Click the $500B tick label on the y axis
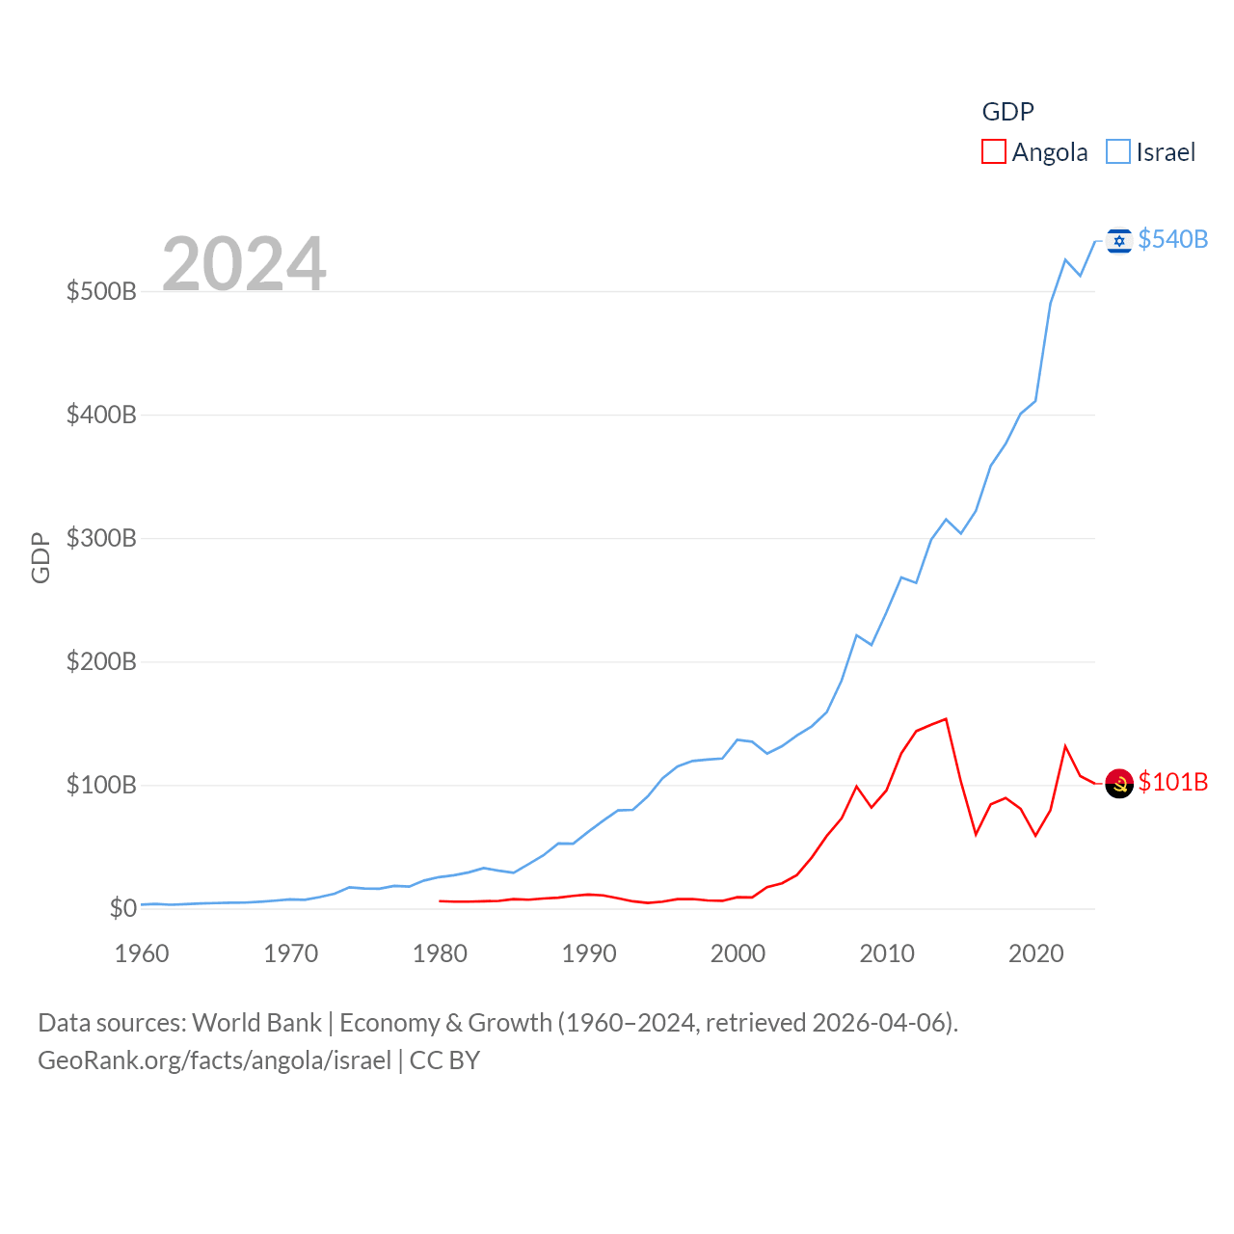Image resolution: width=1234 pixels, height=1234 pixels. pyautogui.click(x=101, y=291)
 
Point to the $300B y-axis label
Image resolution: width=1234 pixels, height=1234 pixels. pyautogui.click(x=101, y=538)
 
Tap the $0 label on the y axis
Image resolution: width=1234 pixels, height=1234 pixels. pyautogui.click(x=122, y=908)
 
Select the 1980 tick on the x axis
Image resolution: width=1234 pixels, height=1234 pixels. pyautogui.click(x=440, y=953)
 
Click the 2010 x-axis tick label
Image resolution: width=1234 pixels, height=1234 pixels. pyautogui.click(x=887, y=953)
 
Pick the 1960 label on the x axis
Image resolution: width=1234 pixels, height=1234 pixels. pyautogui.click(x=142, y=953)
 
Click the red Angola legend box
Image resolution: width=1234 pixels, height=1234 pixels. pyautogui.click(x=994, y=151)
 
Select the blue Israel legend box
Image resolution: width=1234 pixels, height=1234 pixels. pyautogui.click(x=1118, y=151)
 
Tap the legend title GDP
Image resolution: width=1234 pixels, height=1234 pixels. pyautogui.click(x=1007, y=112)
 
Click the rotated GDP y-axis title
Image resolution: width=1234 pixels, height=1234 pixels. pyautogui.click(x=40, y=557)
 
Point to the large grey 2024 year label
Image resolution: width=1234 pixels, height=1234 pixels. pyautogui.click(x=244, y=263)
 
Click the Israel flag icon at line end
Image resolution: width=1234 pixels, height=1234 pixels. pyautogui.click(x=1119, y=240)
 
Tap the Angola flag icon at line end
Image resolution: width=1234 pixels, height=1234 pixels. pyautogui.click(x=1119, y=784)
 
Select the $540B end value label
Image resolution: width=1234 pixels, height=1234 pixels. pyautogui.click(x=1172, y=239)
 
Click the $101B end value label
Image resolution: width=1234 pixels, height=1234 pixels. pyautogui.click(x=1172, y=782)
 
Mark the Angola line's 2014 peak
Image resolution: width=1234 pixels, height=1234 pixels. pyautogui.click(x=946, y=718)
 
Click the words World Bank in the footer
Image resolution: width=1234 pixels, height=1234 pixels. pyautogui.click(x=256, y=1023)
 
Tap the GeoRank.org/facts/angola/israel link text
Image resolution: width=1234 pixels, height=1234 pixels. pyautogui.click(x=214, y=1060)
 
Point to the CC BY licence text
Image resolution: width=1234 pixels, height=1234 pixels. pyautogui.click(x=444, y=1060)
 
